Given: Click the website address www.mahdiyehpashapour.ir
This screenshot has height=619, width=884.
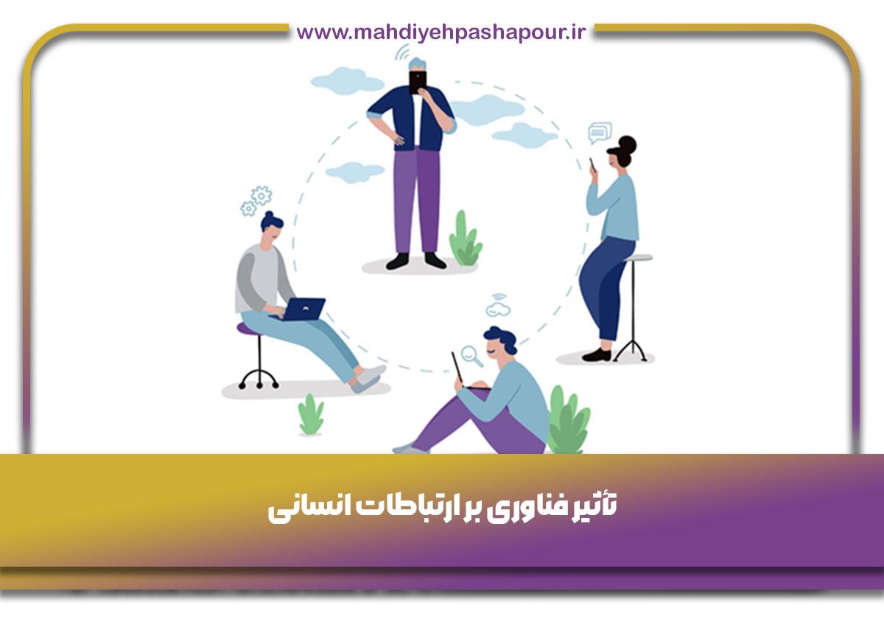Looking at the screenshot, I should click(x=441, y=32).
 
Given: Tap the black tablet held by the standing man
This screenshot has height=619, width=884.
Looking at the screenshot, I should click(x=418, y=80).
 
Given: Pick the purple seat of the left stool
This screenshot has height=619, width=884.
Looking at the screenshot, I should click(x=249, y=329).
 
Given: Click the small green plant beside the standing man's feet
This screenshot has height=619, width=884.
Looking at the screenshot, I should click(x=465, y=239).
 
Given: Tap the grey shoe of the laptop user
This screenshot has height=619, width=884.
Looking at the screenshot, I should click(x=368, y=378).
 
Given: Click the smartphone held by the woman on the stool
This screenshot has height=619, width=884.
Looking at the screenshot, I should click(x=592, y=166).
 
